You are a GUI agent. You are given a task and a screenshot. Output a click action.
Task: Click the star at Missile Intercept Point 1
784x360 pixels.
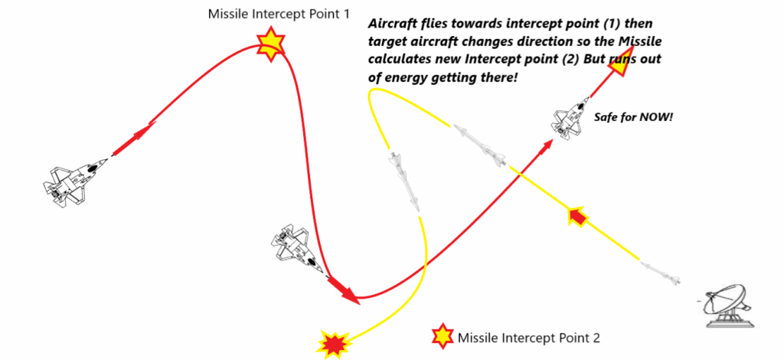(x=268, y=45)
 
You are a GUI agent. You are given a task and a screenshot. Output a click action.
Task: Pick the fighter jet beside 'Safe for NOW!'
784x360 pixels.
(x=570, y=119)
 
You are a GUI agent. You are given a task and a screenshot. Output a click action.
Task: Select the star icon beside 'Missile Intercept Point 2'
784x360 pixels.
(x=443, y=336)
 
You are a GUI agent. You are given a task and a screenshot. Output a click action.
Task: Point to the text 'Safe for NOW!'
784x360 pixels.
(x=632, y=117)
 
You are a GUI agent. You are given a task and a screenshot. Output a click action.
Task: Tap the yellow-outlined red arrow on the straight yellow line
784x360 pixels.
(x=577, y=218)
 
